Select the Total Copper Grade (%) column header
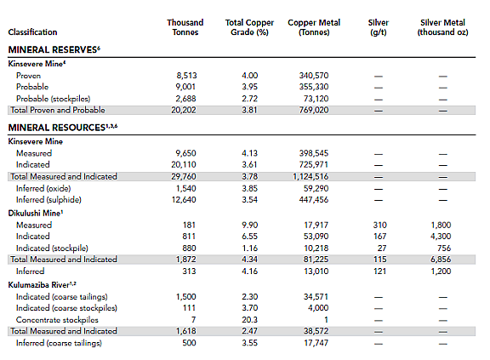pos(249,27)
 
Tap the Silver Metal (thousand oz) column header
pos(442,27)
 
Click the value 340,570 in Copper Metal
pos(313,76)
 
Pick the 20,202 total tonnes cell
pos(184,110)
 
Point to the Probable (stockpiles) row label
pos(53,99)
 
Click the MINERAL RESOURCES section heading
pos(62,127)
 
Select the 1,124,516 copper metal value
pos(311,176)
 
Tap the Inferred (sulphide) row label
pos(48,200)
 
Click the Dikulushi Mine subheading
pos(36,213)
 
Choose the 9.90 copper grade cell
pos(249,225)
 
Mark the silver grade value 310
pos(379,225)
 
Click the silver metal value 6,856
pos(441,260)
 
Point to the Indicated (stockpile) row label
pos(52,249)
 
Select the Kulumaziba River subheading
pos(42,285)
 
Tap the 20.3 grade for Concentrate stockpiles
pos(249,320)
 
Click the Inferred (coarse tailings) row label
pos(59,343)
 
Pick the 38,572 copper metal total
pos(316,331)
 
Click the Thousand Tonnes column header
pos(185,27)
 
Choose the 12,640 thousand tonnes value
pos(184,200)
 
